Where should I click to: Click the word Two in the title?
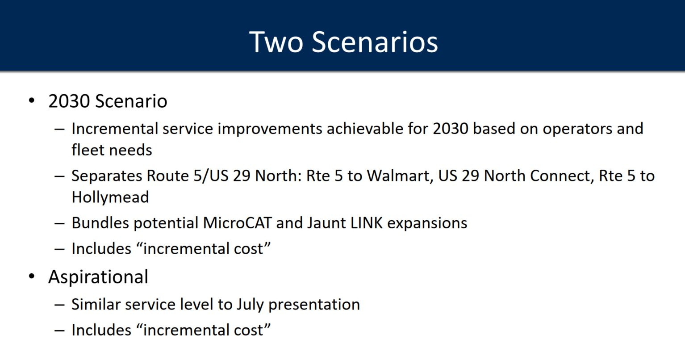pyautogui.click(x=276, y=42)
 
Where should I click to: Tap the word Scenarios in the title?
pyautogui.click(x=375, y=42)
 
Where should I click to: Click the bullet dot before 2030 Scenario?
pyautogui.click(x=32, y=100)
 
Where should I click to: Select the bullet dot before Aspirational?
pyautogui.click(x=32, y=276)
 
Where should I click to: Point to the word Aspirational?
pyautogui.click(x=98, y=277)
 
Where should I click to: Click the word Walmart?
pyautogui.click(x=400, y=176)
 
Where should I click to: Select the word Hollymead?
pyautogui.click(x=110, y=197)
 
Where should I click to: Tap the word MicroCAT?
pyautogui.click(x=237, y=223)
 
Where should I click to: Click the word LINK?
pyautogui.click(x=366, y=223)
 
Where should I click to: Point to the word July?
pyautogui.click(x=250, y=305)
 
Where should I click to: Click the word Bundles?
pyautogui.click(x=100, y=223)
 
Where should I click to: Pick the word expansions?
pyautogui.click(x=427, y=223)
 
